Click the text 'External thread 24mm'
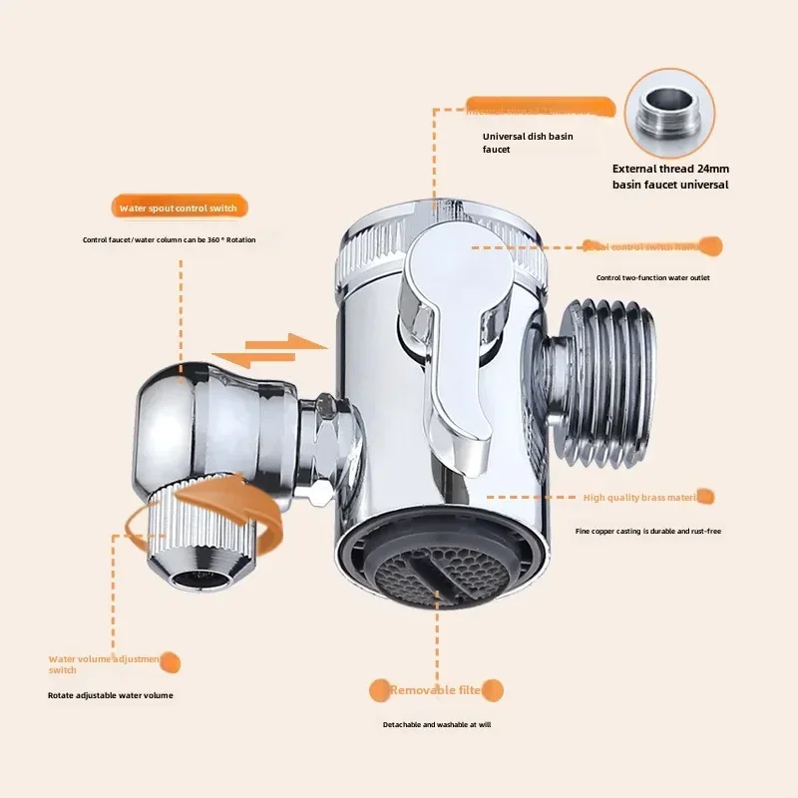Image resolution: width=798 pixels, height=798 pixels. pos(670,168)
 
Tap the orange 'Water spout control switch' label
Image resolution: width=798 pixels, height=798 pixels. pos(178,207)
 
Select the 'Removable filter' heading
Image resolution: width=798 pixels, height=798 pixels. pos(437,690)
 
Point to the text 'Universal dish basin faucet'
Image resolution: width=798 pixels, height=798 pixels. pos(528,143)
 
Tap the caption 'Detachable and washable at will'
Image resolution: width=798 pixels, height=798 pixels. pos(437,724)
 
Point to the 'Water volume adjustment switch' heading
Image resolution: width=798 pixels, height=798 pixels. pos(105,664)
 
